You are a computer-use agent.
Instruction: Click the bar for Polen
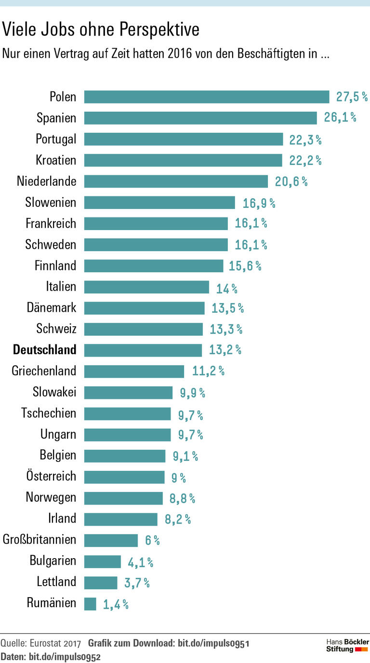[x=207, y=97]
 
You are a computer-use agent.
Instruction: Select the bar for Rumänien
[x=90, y=603]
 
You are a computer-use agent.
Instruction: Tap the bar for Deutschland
[x=143, y=350]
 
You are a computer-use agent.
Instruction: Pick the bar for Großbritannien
[x=111, y=540]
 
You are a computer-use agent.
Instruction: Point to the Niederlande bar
[x=176, y=181]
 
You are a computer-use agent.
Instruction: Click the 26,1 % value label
[x=340, y=118]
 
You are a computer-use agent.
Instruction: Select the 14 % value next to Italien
[x=226, y=289]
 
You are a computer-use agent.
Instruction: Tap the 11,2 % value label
[x=208, y=371]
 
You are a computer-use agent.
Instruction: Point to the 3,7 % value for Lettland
[x=137, y=583]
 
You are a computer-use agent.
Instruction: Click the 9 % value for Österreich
[x=178, y=478]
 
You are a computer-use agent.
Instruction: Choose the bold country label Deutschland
[x=45, y=350]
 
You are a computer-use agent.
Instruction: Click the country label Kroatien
[x=56, y=160]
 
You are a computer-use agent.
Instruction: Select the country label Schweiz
[x=56, y=329]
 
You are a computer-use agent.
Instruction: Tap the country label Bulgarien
[x=53, y=561]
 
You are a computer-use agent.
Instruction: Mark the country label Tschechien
[x=49, y=413]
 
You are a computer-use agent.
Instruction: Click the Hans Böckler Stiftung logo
[x=347, y=645]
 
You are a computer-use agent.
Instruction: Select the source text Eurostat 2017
[x=55, y=644]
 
